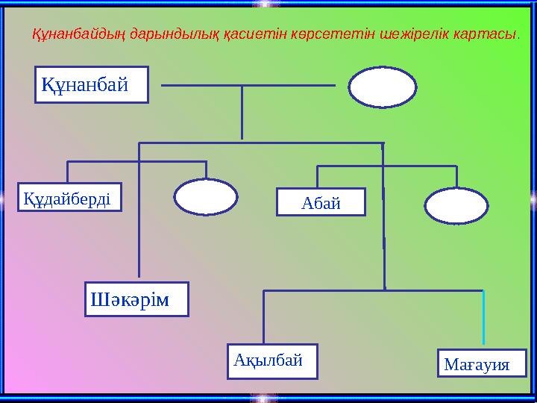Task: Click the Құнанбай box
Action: pos(91,84)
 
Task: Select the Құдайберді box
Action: pos(69,198)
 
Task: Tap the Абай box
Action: pos(321,201)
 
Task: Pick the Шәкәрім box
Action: pos(136,299)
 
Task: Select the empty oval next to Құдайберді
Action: pos(206,197)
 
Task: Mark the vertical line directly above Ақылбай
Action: pos(263,317)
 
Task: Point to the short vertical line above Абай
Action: pos(318,176)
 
